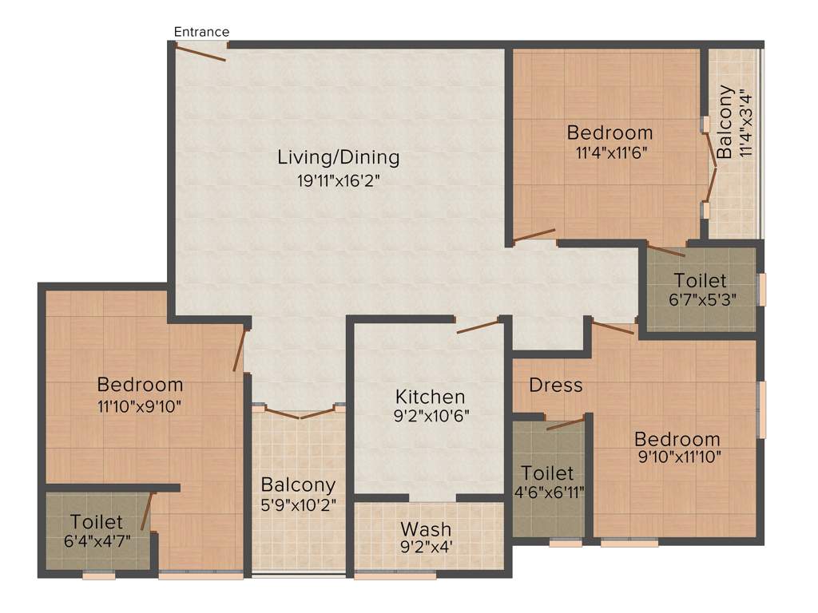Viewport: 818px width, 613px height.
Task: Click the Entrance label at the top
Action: pyautogui.click(x=202, y=32)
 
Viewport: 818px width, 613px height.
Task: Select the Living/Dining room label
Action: pyautogui.click(x=338, y=156)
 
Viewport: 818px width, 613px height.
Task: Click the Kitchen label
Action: pyautogui.click(x=430, y=397)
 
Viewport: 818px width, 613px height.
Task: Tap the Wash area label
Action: pyautogui.click(x=426, y=528)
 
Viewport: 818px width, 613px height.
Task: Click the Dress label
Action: pyautogui.click(x=556, y=385)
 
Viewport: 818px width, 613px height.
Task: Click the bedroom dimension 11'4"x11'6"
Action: pyautogui.click(x=610, y=152)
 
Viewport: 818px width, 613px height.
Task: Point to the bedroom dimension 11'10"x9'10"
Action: pyautogui.click(x=140, y=405)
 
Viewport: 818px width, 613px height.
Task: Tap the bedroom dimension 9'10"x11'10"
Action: pyautogui.click(x=677, y=457)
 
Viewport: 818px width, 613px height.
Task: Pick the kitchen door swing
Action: pyautogui.click(x=478, y=326)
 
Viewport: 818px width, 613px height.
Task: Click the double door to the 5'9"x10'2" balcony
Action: pyautogui.click(x=300, y=413)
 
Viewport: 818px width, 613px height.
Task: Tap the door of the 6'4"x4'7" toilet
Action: pyautogui.click(x=146, y=512)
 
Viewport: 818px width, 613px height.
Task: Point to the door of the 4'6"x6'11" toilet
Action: pyautogui.click(x=566, y=423)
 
